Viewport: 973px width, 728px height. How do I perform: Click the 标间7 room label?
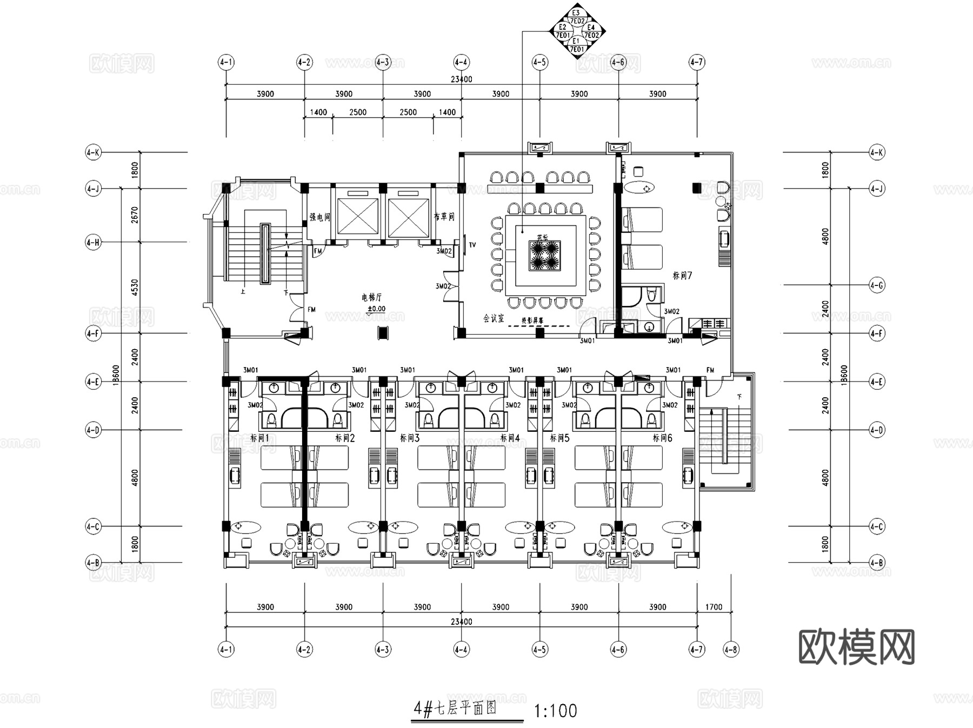682,276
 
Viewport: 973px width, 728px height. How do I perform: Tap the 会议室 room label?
494,318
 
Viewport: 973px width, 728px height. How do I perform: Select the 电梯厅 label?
371,297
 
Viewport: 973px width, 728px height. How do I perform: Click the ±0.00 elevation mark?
376,310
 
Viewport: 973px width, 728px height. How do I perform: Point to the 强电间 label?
319,217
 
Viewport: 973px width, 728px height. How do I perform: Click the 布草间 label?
444,217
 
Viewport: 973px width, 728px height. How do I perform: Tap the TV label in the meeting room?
472,245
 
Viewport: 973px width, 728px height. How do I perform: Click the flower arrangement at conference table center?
544,256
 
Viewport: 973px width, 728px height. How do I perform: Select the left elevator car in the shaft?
358,217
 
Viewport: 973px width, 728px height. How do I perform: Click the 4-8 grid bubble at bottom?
731,649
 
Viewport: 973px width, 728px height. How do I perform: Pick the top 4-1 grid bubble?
226,62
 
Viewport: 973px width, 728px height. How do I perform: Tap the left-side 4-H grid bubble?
93,243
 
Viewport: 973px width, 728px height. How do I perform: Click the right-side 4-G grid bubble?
877,285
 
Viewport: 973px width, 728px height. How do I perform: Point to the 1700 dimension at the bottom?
714,607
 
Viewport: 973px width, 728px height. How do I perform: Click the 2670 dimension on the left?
135,215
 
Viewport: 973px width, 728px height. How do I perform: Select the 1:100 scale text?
555,711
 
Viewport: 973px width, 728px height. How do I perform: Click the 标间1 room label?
259,438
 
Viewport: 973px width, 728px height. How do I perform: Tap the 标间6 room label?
662,438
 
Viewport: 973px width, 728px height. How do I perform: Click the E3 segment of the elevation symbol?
576,14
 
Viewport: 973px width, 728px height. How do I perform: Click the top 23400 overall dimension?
461,79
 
